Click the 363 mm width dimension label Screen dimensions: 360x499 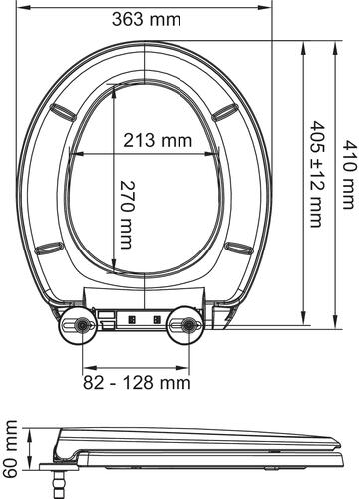[x=147, y=19]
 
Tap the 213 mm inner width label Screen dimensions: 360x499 [x=158, y=140]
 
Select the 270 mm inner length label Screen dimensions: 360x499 [x=127, y=215]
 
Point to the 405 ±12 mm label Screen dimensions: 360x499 [x=316, y=174]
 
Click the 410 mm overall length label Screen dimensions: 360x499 [x=349, y=174]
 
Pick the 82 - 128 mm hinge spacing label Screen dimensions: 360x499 [x=137, y=383]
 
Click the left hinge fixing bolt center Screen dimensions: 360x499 [x=82, y=325]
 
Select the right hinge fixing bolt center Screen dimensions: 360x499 [x=189, y=325]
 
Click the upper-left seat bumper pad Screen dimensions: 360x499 [x=63, y=111]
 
